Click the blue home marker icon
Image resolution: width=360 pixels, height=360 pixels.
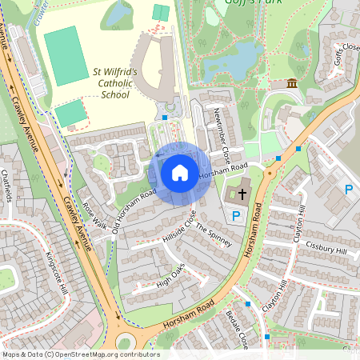coord(180,173)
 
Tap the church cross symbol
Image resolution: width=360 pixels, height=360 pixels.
coord(242,194)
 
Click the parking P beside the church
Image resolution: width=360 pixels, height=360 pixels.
coord(236,216)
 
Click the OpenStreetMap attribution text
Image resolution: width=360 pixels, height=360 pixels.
coord(80,354)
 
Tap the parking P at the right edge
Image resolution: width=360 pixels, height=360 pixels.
coord(348,190)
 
